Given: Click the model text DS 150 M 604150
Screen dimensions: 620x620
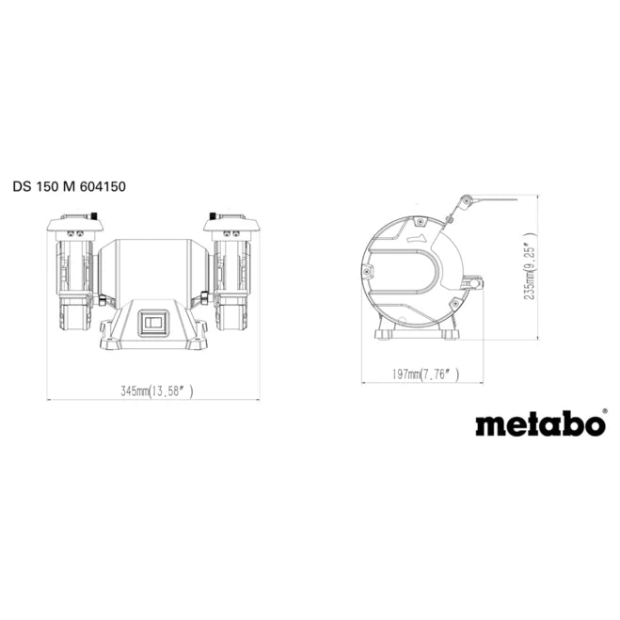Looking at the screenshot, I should (70, 186).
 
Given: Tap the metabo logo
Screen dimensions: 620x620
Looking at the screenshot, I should (539, 424).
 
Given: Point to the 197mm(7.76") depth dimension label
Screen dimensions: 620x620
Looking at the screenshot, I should (426, 374).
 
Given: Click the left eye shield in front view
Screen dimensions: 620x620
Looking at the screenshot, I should (72, 224).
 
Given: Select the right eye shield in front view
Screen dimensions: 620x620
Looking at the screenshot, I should (231, 224).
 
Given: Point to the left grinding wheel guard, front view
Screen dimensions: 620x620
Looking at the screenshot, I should (72, 282).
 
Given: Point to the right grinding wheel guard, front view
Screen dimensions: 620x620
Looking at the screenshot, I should (231, 282).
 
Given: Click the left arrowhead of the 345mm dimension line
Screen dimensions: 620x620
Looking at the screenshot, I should (51, 399).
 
